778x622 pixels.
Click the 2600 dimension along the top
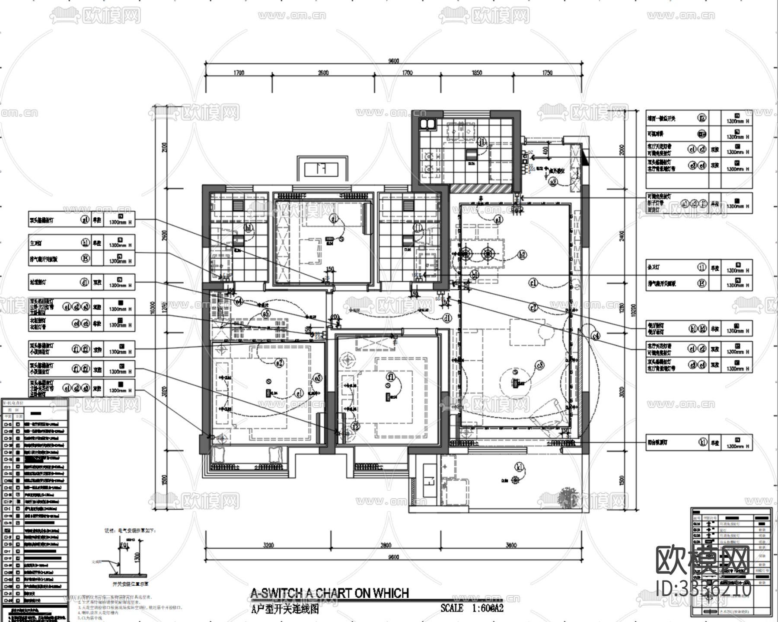click(323, 73)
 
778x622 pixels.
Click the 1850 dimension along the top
click(477, 73)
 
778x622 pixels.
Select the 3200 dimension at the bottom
click(268, 545)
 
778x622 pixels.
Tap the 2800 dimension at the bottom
click(386, 545)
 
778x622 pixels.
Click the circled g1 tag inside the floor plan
click(333, 219)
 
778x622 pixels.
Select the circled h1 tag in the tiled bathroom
click(248, 228)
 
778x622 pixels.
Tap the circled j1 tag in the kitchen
click(482, 142)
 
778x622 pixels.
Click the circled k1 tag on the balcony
click(519, 466)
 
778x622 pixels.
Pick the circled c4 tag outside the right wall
click(596, 335)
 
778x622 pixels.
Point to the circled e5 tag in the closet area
click(266, 314)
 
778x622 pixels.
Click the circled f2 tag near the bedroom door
click(355, 427)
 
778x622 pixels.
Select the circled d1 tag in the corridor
click(447, 318)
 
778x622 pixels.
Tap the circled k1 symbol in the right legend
click(702, 442)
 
